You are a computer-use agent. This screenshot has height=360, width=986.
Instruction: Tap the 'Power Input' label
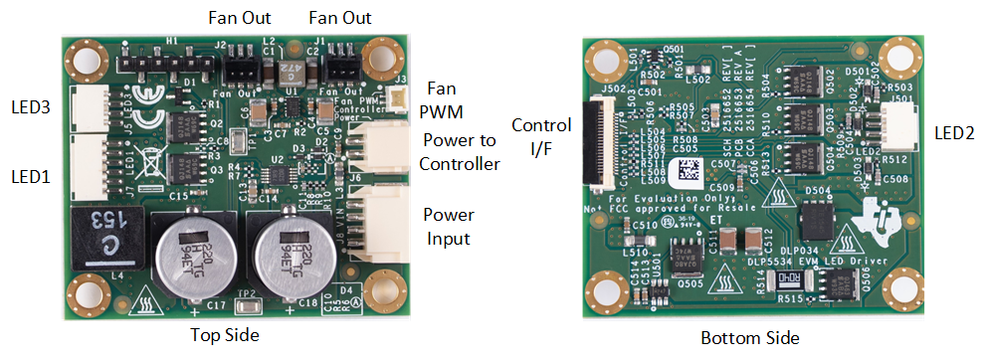[449, 226]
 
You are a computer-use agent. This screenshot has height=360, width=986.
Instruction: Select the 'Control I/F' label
[540, 137]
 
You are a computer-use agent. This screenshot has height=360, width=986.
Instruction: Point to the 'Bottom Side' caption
[749, 338]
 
